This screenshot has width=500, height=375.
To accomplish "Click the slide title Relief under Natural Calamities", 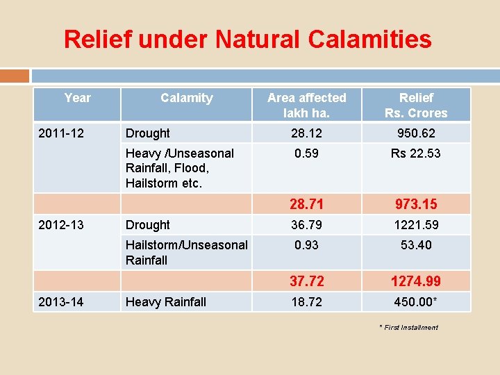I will [x=247, y=39].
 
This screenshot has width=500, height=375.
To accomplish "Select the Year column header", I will [x=77, y=98].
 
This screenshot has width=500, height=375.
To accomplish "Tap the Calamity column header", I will [x=186, y=98].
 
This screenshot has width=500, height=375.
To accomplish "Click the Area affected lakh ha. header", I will [x=306, y=106].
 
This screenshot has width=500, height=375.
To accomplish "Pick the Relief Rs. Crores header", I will [x=416, y=106].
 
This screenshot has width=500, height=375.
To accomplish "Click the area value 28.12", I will [x=306, y=133].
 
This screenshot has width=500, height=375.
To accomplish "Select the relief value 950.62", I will [x=416, y=133].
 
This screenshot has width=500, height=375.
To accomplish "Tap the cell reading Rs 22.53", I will [x=415, y=153].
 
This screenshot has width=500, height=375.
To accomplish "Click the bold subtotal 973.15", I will [x=416, y=204].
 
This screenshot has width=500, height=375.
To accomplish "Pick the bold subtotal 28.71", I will [x=306, y=204].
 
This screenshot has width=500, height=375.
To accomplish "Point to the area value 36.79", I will [x=306, y=224].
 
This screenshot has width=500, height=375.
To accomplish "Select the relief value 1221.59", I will [x=416, y=224].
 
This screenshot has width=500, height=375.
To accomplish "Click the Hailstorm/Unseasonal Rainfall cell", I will [x=186, y=252].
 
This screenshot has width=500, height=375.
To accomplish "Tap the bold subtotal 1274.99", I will [x=416, y=281].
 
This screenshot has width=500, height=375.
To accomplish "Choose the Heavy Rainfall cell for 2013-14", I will [x=166, y=301].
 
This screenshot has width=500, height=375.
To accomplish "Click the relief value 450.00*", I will [x=417, y=301].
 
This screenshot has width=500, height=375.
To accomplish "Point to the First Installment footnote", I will [x=408, y=327].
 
